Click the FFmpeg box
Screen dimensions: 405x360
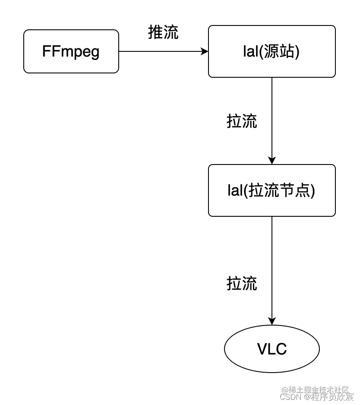71,51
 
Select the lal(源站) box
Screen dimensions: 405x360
272,51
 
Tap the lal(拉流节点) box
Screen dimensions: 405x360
272,190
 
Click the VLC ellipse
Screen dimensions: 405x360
272,349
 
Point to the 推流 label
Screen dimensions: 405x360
163,32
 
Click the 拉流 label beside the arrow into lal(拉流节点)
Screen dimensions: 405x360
242,121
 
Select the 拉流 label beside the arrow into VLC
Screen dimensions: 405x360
242,283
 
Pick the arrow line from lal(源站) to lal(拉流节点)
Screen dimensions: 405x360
272,117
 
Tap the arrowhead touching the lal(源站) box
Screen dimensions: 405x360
205,51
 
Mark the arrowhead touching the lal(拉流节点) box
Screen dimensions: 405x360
272,160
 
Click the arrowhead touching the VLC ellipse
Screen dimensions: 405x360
272,321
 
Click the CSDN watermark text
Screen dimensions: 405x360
291,397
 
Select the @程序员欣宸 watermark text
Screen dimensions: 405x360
328,397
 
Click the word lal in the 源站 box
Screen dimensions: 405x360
250,51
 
